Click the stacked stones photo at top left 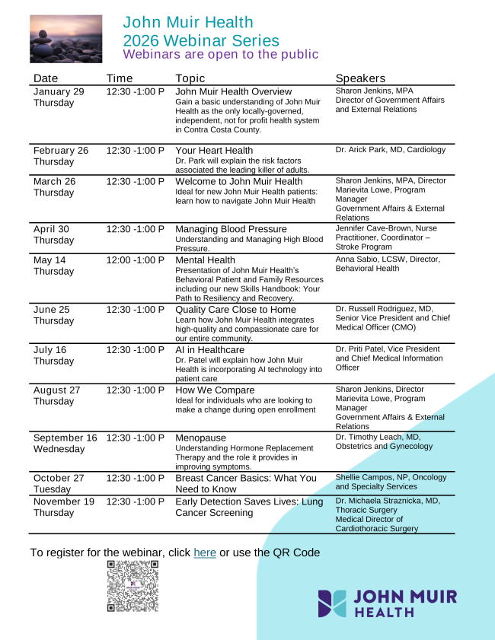coord(65,39)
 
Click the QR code coord(133,586)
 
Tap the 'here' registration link coord(205,552)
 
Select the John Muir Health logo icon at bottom coord(332,603)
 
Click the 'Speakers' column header coord(360,78)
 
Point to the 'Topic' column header coord(190,78)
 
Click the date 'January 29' coord(59,91)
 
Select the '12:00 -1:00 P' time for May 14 coord(135,260)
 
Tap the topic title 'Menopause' coord(201,438)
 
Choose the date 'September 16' coord(65,438)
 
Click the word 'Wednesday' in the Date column coord(59,449)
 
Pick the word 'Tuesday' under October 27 coord(52,489)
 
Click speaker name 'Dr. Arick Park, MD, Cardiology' coord(390,150)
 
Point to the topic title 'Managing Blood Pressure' coord(231,229)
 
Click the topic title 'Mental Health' coord(205,260)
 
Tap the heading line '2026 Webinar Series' coord(201,41)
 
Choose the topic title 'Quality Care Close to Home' coord(235,310)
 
